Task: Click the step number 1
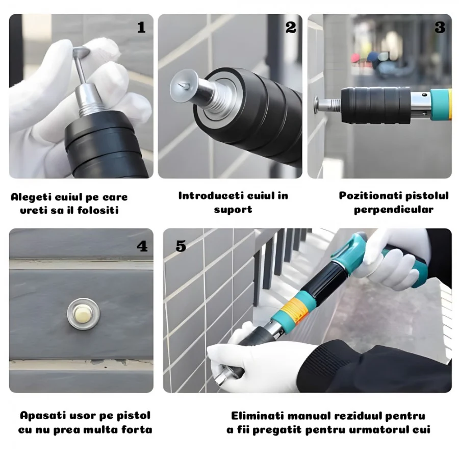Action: (x=141, y=28)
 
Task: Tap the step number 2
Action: (x=291, y=28)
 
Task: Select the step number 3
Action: (x=440, y=28)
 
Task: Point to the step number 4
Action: (x=142, y=246)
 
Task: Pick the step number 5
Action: (x=181, y=246)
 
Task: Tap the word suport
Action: (x=233, y=210)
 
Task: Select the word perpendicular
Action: (x=393, y=210)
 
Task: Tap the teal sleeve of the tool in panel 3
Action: (x=440, y=104)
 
